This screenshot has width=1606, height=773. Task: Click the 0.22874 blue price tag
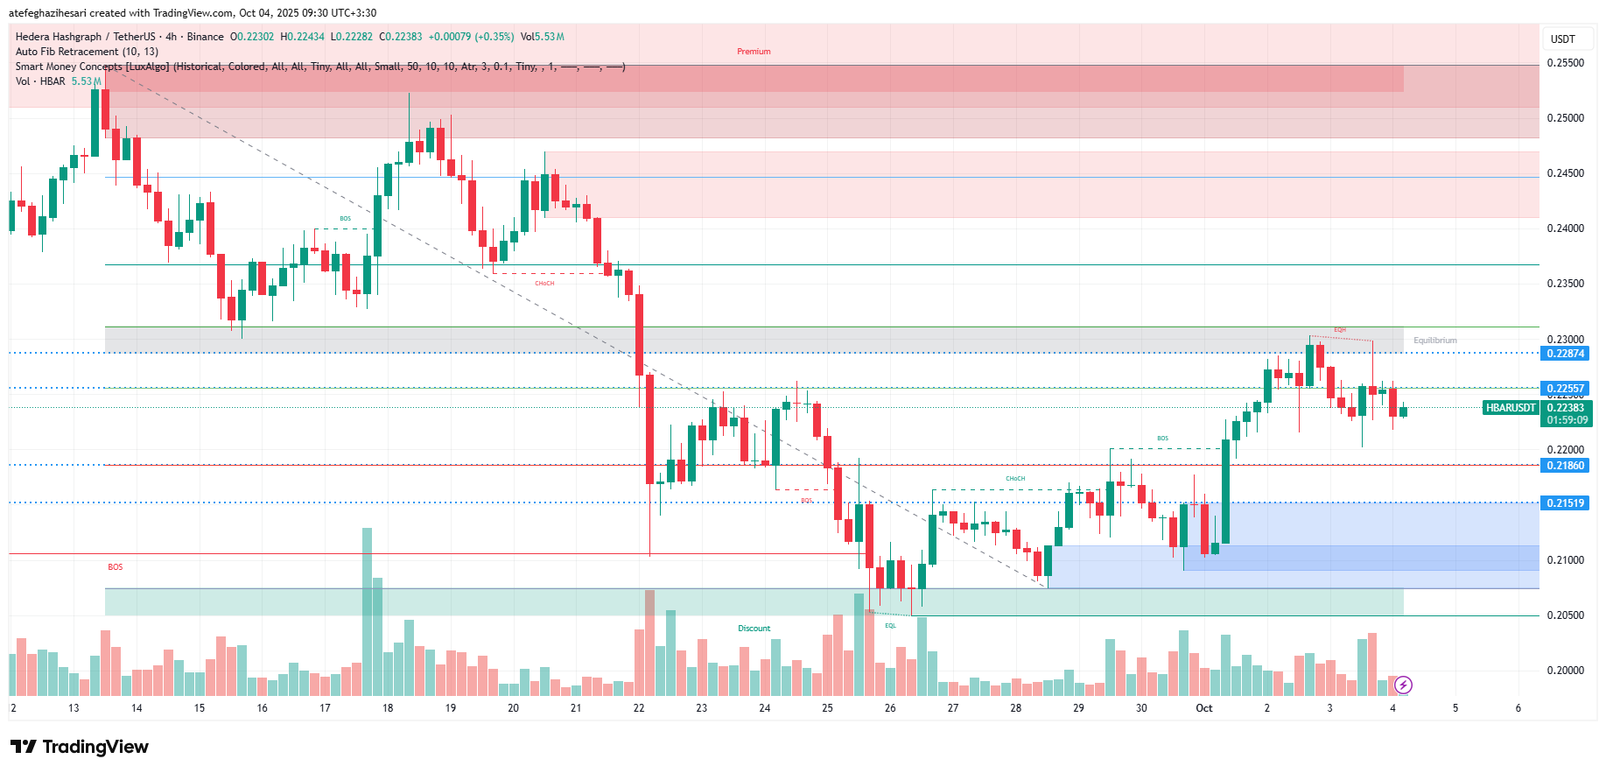1565,354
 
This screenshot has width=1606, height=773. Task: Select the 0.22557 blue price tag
1565,388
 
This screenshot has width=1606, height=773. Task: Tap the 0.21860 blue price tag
1565,466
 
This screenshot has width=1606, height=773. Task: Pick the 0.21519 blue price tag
1565,503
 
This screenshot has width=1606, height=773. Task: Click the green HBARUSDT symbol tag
1511,408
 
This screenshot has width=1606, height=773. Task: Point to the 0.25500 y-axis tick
1565,63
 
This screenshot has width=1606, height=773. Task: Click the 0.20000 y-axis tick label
1565,671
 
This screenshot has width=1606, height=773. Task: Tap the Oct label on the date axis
1204,708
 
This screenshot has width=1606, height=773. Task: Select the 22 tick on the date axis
639,708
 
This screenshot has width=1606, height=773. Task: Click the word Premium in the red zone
754,52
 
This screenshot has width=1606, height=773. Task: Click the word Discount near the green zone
754,629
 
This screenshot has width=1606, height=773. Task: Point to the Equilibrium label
1435,341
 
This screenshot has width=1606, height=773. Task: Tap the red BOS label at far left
116,567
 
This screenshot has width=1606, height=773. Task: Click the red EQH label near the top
1339,330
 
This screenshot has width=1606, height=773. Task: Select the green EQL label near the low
890,626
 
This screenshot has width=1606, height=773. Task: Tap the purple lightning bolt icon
1403,685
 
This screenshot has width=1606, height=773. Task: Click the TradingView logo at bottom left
80,747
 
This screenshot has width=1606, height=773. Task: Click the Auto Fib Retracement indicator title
87,52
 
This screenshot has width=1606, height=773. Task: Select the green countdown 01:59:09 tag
1567,420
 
